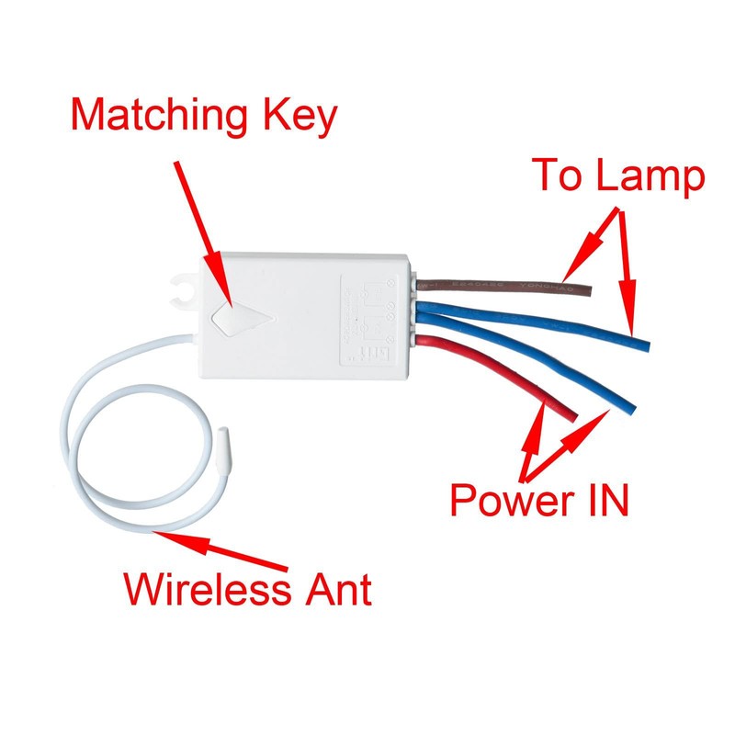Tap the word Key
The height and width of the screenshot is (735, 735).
300,118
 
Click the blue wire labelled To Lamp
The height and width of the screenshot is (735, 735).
551,326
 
